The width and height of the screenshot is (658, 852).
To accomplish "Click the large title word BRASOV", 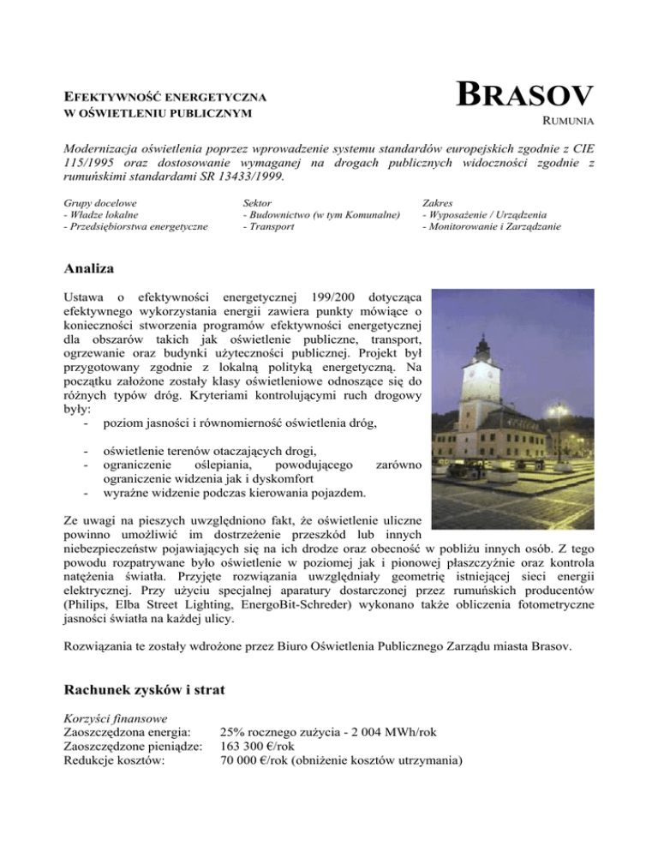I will point(525,95).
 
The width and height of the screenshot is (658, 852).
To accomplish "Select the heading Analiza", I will point(93,270).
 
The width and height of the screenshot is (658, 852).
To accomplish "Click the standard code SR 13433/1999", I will point(247,177).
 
